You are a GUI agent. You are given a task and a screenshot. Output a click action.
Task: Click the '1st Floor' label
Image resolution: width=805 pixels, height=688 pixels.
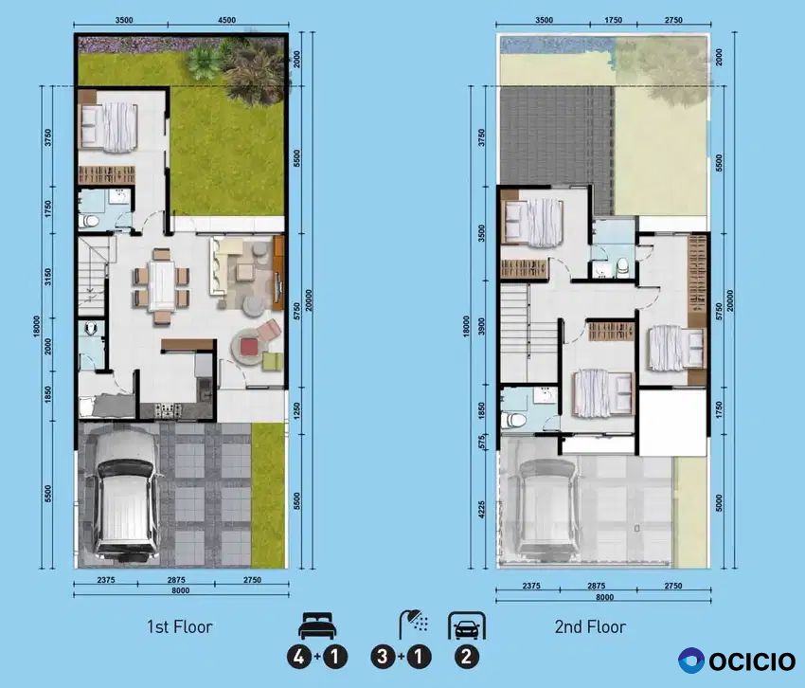pyautogui.click(x=180, y=626)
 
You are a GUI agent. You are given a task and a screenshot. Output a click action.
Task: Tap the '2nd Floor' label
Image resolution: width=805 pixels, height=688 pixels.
pyautogui.click(x=590, y=626)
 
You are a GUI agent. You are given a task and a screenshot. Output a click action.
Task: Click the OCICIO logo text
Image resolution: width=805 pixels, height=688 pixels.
pyautogui.click(x=752, y=661)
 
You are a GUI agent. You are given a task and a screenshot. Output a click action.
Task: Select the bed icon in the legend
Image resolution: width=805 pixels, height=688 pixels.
pyautogui.click(x=317, y=625)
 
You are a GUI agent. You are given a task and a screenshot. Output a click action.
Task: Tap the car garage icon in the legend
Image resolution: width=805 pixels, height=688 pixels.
pyautogui.click(x=466, y=625)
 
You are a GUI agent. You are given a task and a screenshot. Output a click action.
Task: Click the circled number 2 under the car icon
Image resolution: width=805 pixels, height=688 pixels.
pyautogui.click(x=466, y=657)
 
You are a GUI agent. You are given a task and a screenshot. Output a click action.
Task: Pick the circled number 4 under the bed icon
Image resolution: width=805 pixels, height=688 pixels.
pyautogui.click(x=299, y=657)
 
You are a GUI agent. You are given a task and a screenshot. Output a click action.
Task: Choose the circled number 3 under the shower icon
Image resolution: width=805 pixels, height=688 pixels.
pyautogui.click(x=383, y=657)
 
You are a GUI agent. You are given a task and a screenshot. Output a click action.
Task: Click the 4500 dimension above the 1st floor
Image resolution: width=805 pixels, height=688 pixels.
pyautogui.click(x=226, y=20)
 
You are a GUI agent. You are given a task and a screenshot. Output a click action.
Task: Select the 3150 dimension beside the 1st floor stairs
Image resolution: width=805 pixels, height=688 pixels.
pyautogui.click(x=48, y=278)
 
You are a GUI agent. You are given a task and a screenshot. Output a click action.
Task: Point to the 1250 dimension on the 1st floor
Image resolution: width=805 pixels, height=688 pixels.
pyautogui.click(x=297, y=410)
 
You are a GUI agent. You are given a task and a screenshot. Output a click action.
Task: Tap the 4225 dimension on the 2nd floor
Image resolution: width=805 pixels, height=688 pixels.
pyautogui.click(x=481, y=510)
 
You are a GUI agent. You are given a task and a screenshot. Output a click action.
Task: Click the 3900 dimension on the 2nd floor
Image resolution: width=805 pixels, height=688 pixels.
pyautogui.click(x=481, y=327)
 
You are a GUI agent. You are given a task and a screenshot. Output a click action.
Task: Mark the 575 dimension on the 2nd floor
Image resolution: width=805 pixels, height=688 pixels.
pyautogui.click(x=481, y=442)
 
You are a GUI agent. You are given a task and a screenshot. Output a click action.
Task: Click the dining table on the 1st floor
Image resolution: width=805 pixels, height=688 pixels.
pyautogui.click(x=161, y=285)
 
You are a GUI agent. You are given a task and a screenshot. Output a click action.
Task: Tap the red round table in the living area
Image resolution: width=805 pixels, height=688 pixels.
pyautogui.click(x=249, y=346)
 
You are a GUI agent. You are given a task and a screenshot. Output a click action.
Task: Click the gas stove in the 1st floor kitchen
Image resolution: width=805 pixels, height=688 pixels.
pyautogui.click(x=169, y=410)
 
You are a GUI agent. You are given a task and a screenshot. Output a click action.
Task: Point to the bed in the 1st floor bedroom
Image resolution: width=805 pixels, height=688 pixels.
pyautogui.click(x=109, y=127)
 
